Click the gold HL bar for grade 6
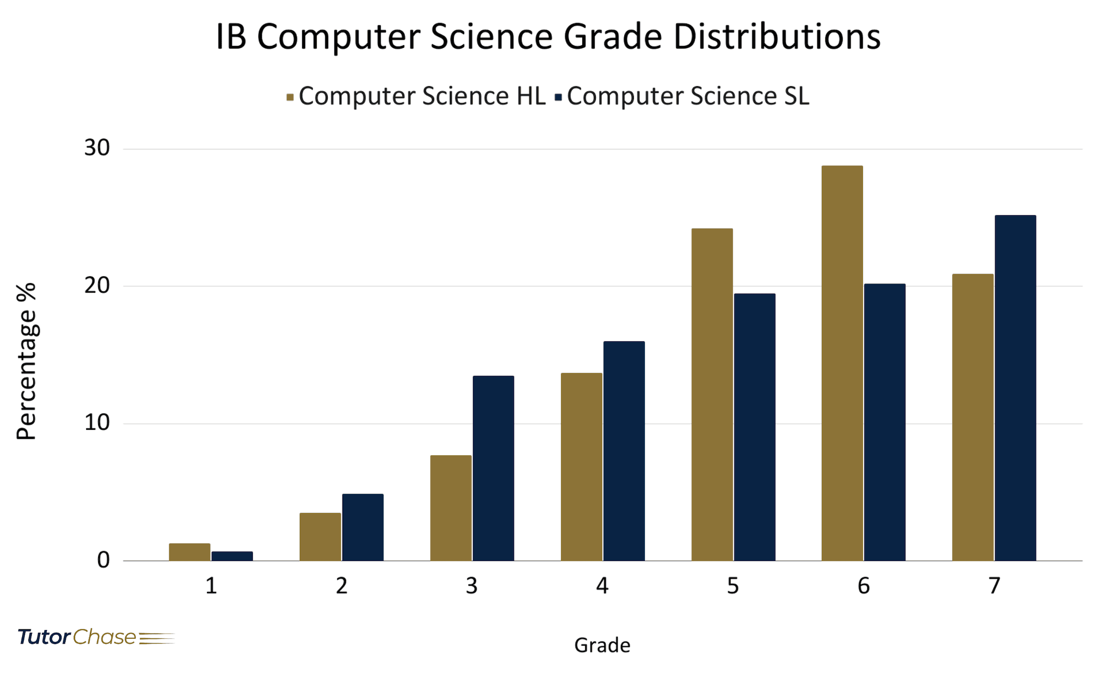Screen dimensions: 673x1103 842,363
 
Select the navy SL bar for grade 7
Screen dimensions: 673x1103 1015,388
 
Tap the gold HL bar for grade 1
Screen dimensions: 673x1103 190,552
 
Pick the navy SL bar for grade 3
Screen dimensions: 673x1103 493,468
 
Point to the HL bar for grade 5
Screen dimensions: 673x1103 712,395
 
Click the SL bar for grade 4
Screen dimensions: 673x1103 624,451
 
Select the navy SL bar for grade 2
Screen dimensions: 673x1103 363,527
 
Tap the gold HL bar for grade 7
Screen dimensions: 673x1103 973,417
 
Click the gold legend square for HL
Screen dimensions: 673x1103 290,98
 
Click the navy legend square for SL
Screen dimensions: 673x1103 558,98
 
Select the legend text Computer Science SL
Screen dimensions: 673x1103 688,96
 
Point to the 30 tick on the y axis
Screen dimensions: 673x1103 97,148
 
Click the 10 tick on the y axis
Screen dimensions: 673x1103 97,423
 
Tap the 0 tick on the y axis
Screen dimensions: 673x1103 103,560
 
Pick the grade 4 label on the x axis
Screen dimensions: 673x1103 602,586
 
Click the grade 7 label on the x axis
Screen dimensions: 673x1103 994,586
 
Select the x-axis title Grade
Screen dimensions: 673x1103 602,646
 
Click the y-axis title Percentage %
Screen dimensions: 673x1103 26,361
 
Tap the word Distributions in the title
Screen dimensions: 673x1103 777,37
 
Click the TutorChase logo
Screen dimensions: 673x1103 96,637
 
